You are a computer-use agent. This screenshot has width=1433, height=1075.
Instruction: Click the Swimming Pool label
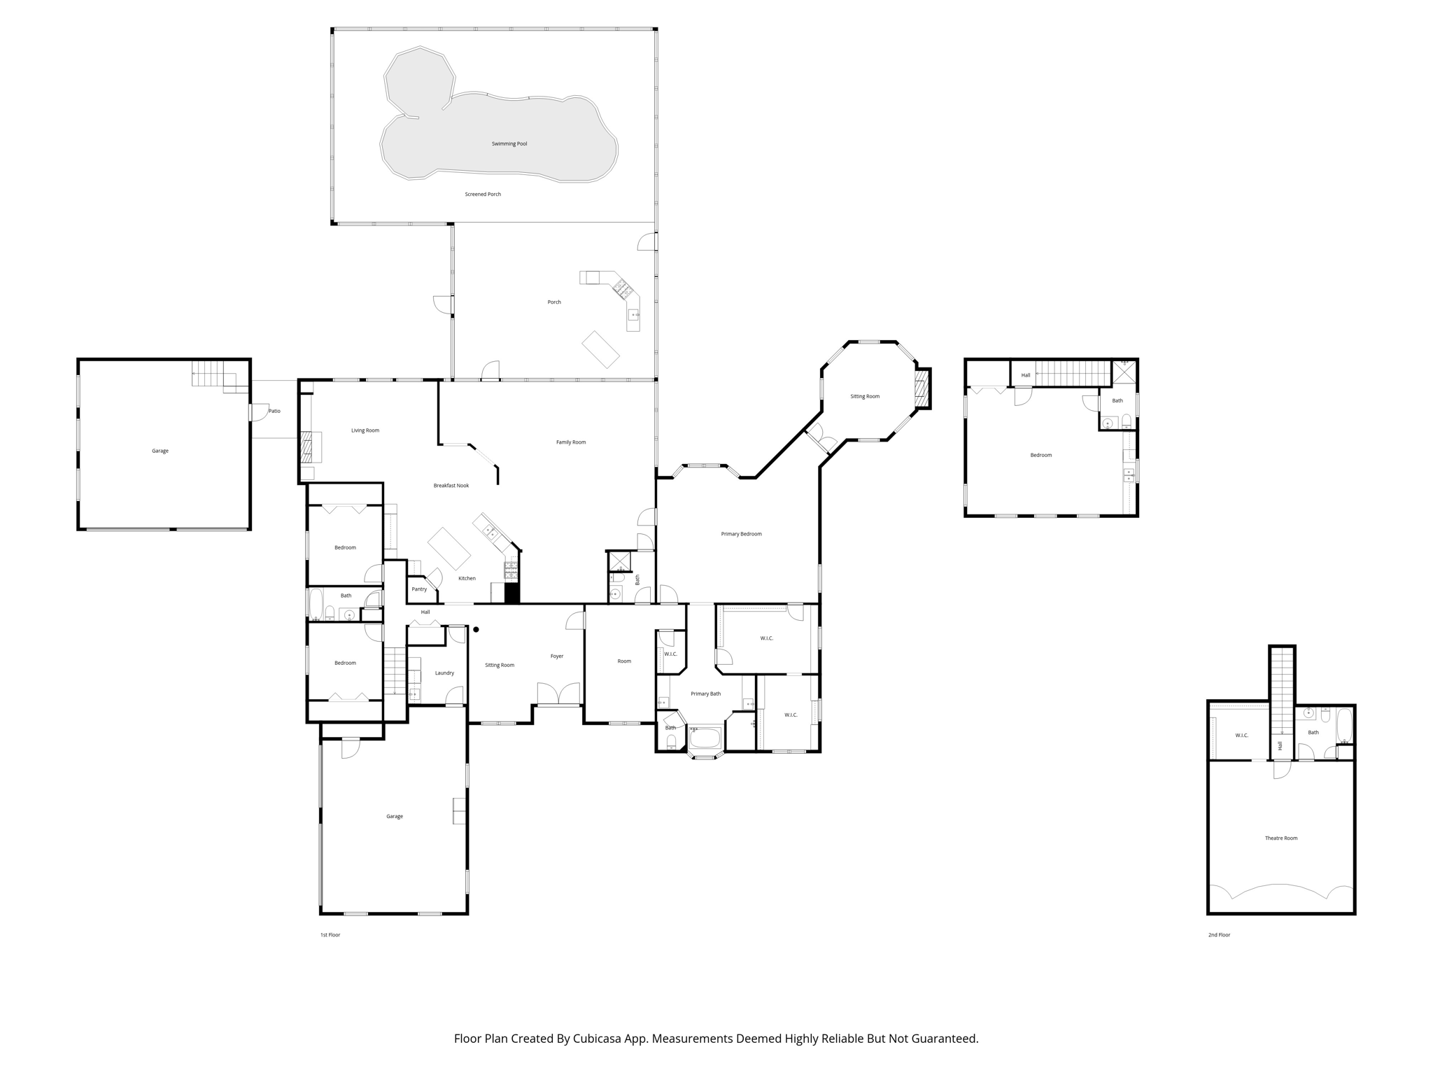point(509,143)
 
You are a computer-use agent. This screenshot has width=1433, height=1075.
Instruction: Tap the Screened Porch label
point(483,194)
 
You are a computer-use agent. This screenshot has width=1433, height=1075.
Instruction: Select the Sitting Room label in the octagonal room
point(865,396)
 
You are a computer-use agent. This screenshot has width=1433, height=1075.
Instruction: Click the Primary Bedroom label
point(741,534)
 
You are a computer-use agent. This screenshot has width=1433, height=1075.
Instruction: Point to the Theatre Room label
point(1280,838)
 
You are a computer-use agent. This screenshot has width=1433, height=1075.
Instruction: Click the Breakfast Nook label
point(451,485)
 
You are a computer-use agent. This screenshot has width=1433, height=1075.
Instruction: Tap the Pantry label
point(419,589)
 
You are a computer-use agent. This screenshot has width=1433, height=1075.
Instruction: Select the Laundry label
point(444,673)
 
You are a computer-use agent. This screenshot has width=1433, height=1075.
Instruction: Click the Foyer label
point(557,656)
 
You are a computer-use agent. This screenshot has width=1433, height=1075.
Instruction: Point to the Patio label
point(275,411)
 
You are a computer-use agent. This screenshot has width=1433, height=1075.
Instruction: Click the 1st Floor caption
point(330,934)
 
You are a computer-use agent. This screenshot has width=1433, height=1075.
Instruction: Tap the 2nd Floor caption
point(1219,934)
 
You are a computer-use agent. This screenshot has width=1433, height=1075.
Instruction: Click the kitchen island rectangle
point(449,548)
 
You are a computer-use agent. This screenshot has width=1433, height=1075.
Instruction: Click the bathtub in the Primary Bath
point(705,738)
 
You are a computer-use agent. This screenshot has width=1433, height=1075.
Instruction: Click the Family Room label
point(571,442)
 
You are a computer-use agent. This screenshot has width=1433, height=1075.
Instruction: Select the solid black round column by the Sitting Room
point(476,629)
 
